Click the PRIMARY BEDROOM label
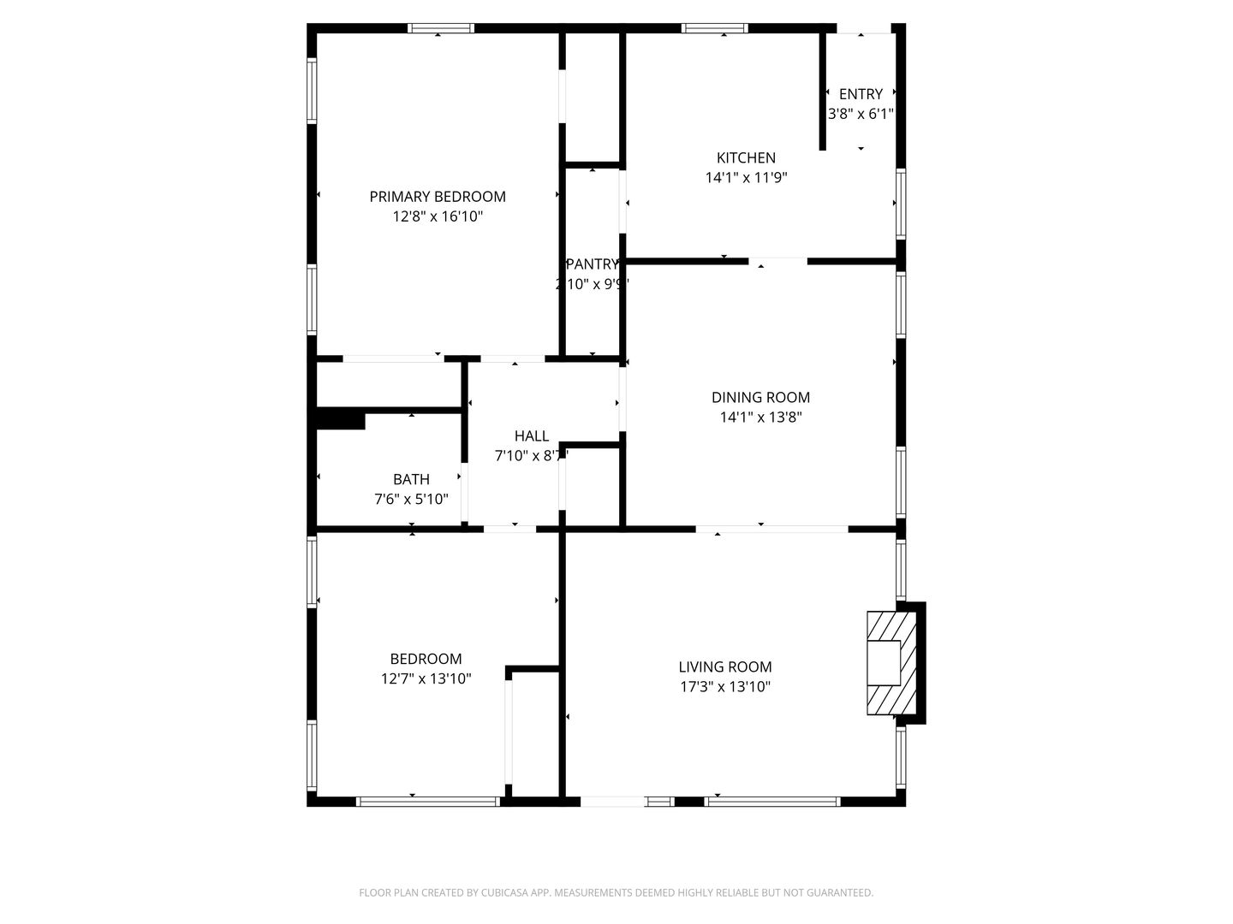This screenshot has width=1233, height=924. coord(438,197)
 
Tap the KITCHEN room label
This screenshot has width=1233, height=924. coord(746,157)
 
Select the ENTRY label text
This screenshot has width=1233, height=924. coord(861,94)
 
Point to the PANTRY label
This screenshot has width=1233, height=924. coord(592,264)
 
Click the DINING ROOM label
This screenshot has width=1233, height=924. coord(760,397)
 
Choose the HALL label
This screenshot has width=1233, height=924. coord(531,436)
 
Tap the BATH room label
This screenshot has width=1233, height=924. coord(411,479)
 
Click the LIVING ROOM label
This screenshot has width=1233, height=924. coord(724,666)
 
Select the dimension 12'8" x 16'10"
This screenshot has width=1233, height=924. coord(438,217)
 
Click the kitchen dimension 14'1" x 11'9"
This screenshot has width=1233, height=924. coord(746,178)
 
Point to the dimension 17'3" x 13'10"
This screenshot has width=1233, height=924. coord(724,686)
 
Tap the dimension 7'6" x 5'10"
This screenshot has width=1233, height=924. coord(411,499)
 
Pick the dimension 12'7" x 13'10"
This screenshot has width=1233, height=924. coord(426,679)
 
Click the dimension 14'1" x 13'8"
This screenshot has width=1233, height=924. coord(760,418)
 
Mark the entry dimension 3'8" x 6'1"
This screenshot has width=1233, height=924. coord(861,114)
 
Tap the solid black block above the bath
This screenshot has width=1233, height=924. coord(340,421)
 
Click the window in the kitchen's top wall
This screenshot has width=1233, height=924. coord(714,28)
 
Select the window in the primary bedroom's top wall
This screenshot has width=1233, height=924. coord(441,28)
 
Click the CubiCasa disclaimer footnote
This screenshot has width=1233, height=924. coord(616,892)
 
